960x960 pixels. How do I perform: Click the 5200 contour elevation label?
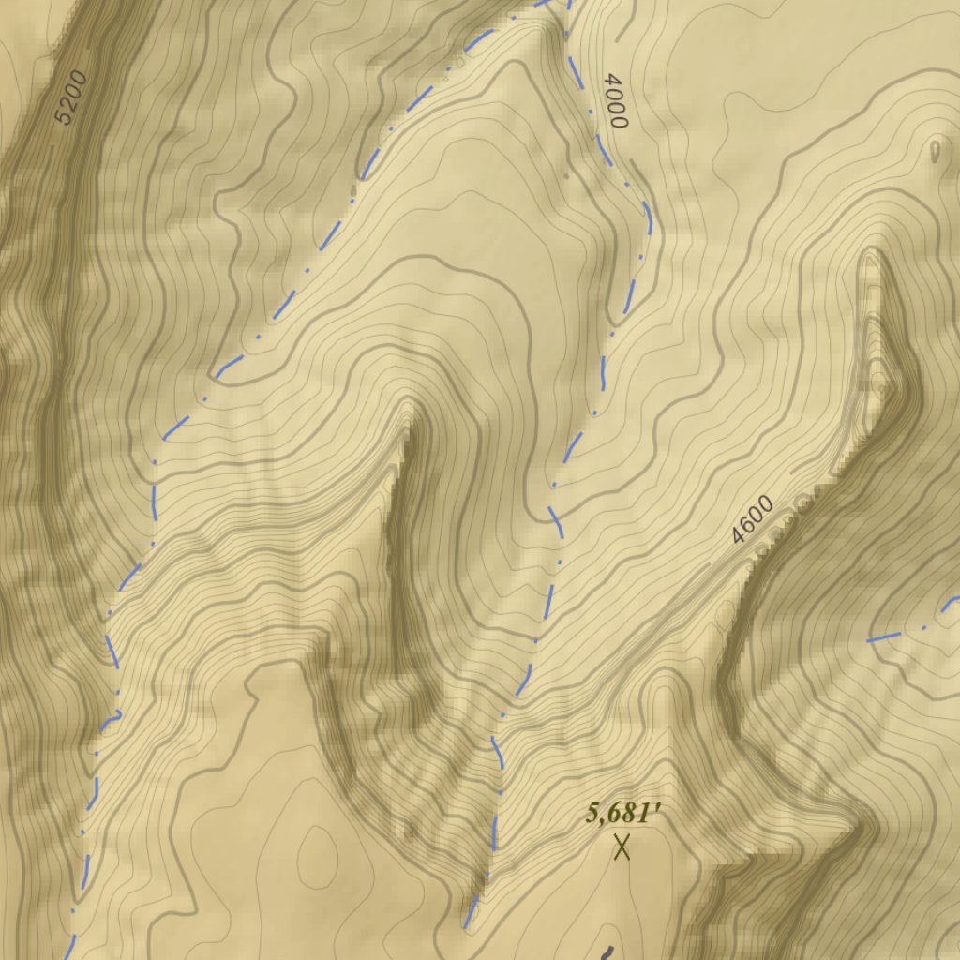(70, 98)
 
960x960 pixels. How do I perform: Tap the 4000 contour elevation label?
(614, 100)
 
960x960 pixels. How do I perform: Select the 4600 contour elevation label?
(753, 519)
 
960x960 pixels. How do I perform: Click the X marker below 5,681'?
(621, 847)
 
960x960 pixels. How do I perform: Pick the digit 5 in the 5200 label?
(63, 117)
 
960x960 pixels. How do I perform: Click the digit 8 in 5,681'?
(628, 814)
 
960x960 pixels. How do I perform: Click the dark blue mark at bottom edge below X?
(606, 952)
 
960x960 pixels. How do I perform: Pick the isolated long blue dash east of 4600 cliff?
(887, 637)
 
